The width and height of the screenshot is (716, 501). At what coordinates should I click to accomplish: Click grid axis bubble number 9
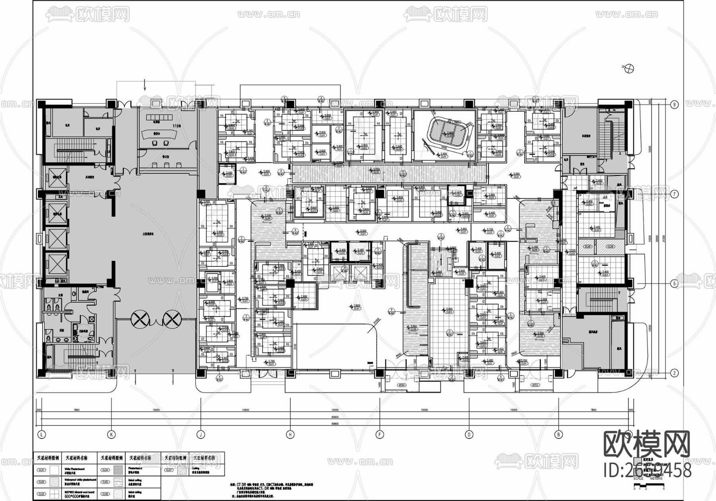click(674, 105)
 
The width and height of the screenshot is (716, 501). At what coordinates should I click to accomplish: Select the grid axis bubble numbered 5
click(674, 284)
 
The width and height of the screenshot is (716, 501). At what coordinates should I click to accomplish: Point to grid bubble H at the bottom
click(290, 435)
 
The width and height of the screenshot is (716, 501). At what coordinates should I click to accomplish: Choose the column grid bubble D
click(469, 435)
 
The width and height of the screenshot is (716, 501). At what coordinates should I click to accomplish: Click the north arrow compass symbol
click(629, 68)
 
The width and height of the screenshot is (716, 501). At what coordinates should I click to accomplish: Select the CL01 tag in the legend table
click(41, 470)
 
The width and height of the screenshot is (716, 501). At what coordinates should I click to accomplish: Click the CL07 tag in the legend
click(169, 470)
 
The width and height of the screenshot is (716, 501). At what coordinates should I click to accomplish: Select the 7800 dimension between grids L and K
click(76, 410)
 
